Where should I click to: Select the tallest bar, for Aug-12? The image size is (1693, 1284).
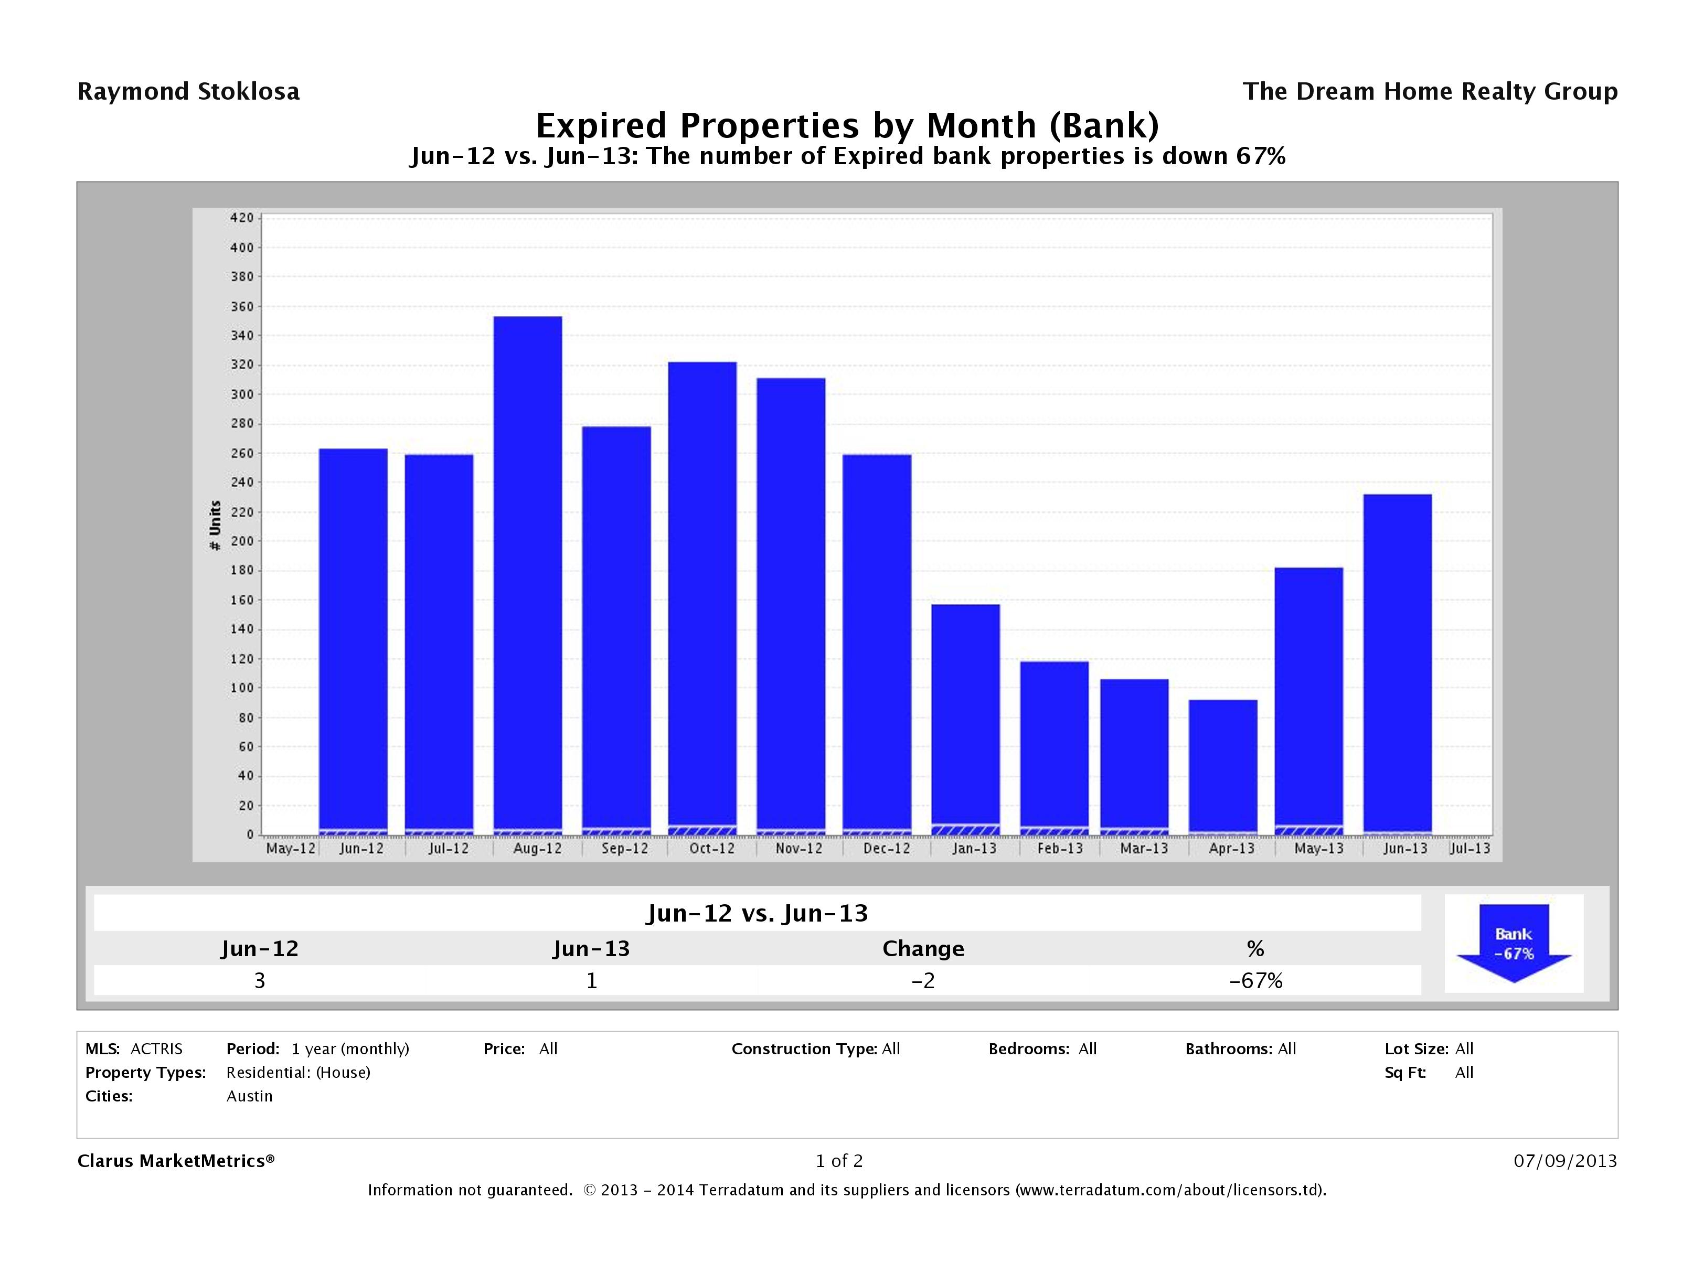tap(527, 574)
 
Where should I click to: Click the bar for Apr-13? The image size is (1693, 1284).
tap(1222, 765)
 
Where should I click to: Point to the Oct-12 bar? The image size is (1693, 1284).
tap(702, 597)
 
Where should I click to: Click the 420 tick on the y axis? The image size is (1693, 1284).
tap(241, 218)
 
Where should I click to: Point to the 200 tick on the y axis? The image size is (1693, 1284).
tap(241, 541)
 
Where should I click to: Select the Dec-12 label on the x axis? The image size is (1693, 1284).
tap(886, 849)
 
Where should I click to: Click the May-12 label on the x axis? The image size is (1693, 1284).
tap(290, 849)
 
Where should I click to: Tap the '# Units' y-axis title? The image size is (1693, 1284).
tap(215, 525)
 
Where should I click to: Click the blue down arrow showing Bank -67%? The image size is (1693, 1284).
tap(1513, 943)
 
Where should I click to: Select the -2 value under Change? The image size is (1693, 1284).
tap(923, 980)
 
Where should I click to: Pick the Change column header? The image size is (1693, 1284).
tap(923, 949)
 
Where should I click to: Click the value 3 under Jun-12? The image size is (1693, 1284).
tap(260, 980)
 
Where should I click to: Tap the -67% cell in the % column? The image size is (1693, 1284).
tap(1255, 980)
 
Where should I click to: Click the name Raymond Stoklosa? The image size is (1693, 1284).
tap(188, 92)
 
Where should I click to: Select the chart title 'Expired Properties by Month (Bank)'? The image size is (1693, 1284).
tap(847, 125)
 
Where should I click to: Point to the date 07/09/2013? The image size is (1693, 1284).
tap(1565, 1161)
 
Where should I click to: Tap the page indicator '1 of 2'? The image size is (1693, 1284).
tap(839, 1161)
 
